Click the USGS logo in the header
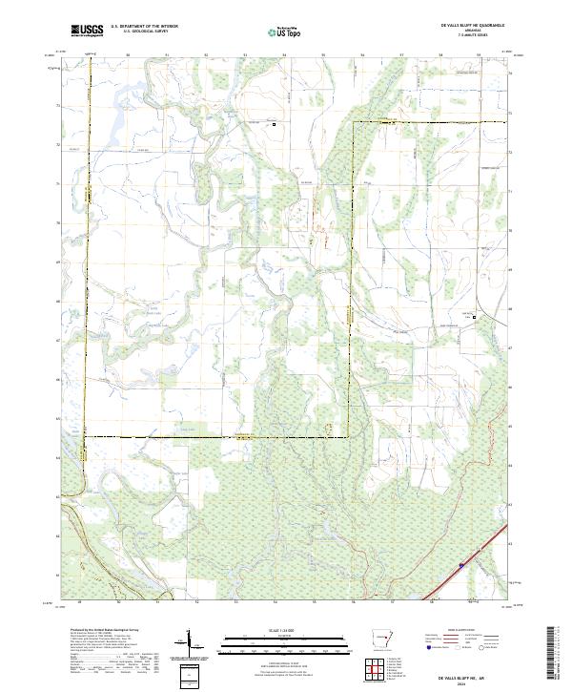(x=87, y=31)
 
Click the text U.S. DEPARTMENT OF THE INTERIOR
(x=144, y=26)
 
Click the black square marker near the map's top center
(x=276, y=124)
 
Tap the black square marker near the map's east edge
(x=476, y=319)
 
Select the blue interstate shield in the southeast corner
(x=461, y=565)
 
